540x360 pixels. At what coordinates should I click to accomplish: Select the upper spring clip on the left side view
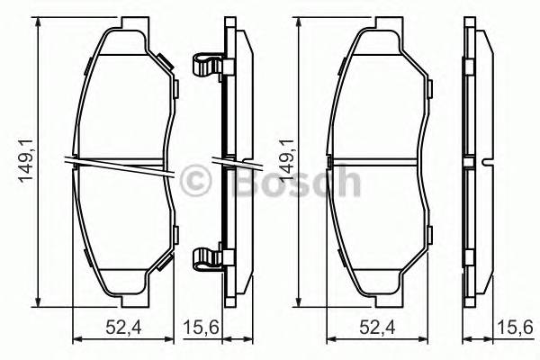coord(208,65)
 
